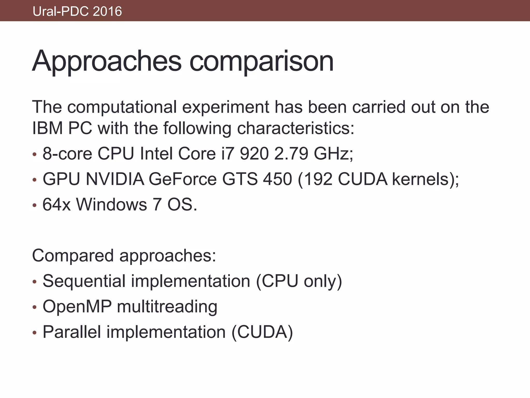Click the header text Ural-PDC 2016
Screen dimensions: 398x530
click(x=77, y=11)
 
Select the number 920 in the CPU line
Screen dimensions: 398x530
click(x=254, y=153)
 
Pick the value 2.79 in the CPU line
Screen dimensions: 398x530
click(x=291, y=153)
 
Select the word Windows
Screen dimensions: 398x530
click(x=112, y=204)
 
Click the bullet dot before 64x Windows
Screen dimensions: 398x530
click(x=34, y=205)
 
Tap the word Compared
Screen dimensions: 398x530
click(x=73, y=255)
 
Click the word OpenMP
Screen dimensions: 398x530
click(x=77, y=307)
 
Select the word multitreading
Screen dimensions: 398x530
click(x=167, y=307)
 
